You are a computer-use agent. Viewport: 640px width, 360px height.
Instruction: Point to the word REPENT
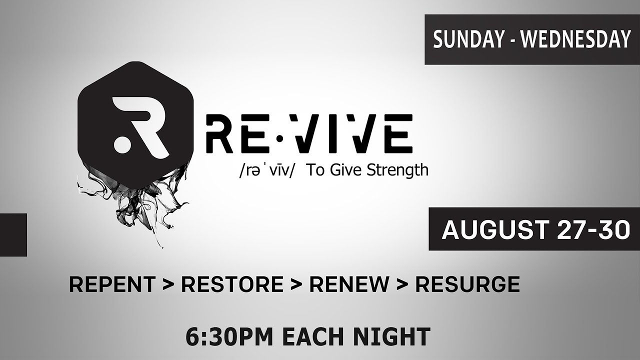111,284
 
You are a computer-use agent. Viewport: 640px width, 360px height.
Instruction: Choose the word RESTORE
232,284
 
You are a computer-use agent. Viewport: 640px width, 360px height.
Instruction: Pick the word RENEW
349,284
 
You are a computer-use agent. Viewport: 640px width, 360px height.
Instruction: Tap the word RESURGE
467,284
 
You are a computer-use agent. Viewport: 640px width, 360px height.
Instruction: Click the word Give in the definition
347,170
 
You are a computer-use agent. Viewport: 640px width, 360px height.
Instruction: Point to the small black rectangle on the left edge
13,234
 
